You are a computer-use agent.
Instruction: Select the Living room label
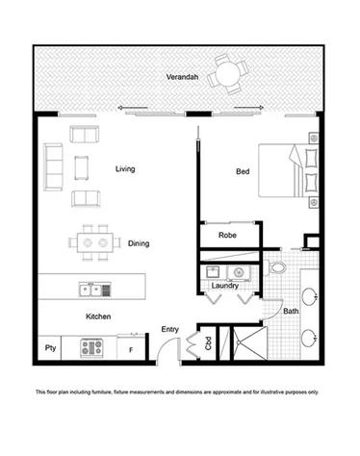(x=123, y=169)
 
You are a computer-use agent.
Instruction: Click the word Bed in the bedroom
(x=243, y=172)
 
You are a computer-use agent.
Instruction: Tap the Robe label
(x=228, y=234)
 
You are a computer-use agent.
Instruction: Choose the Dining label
(x=139, y=243)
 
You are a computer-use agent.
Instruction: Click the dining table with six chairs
(x=94, y=243)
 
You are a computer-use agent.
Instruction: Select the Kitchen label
(x=100, y=316)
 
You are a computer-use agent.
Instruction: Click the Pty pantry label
(x=49, y=348)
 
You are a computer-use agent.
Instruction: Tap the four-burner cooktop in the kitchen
(x=92, y=347)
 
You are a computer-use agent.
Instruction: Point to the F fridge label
(x=130, y=349)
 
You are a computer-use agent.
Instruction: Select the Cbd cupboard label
(x=208, y=344)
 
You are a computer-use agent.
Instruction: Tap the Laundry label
(x=224, y=285)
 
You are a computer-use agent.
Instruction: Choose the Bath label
(x=290, y=311)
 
